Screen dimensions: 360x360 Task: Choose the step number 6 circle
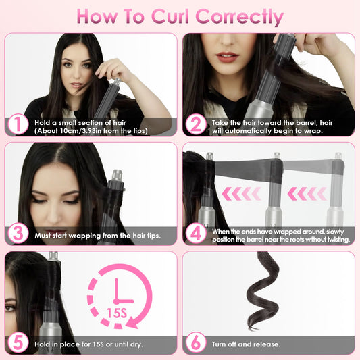195,342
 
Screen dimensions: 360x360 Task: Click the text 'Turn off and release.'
247,343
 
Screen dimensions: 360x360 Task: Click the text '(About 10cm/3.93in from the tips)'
86,130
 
